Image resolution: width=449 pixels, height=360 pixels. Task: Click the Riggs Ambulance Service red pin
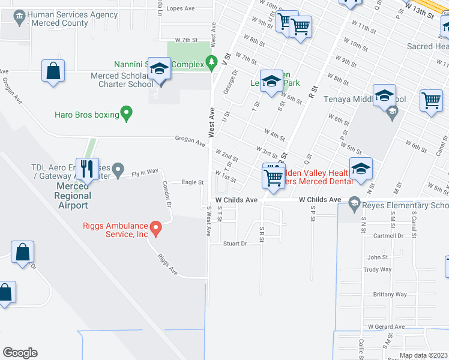(x=155, y=227)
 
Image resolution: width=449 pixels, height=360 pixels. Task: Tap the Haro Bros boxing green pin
(x=126, y=113)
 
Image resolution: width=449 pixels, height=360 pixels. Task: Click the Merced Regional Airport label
(x=73, y=196)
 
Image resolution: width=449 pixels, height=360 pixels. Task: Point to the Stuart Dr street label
(x=235, y=244)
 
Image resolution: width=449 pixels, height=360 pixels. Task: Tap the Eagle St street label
(x=193, y=182)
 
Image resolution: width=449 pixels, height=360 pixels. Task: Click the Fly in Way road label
(x=145, y=172)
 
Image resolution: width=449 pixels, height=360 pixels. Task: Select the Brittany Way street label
(x=390, y=295)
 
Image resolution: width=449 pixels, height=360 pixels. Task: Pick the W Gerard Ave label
(x=386, y=326)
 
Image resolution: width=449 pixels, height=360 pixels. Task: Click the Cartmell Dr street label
(x=388, y=236)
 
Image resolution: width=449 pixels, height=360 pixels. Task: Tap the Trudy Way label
(x=377, y=270)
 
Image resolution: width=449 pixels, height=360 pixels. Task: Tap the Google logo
(x=20, y=353)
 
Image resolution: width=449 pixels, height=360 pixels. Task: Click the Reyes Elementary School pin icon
(x=354, y=205)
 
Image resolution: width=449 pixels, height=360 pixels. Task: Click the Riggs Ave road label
(x=167, y=265)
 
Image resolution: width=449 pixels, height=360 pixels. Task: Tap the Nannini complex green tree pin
(x=211, y=61)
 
